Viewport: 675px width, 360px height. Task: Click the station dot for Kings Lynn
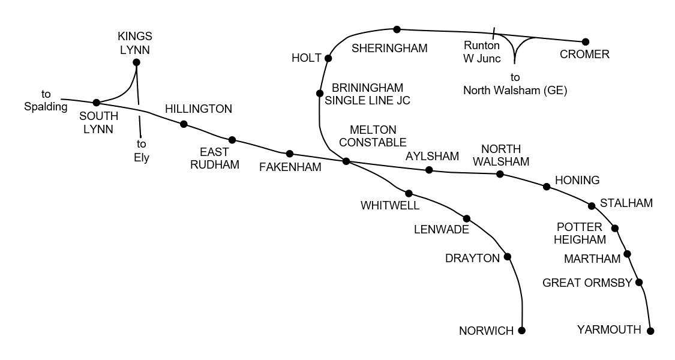click(x=136, y=62)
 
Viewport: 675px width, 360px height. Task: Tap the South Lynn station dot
click(x=96, y=103)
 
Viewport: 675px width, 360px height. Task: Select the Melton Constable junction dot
click(x=346, y=161)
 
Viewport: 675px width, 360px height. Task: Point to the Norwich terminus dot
click(x=521, y=331)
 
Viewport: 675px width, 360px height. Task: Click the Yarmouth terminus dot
click(x=650, y=331)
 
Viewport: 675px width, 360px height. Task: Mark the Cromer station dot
click(x=586, y=42)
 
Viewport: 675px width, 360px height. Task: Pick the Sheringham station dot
click(x=397, y=29)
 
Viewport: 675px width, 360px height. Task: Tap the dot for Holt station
click(x=328, y=58)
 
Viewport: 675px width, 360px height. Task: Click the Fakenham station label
click(x=290, y=167)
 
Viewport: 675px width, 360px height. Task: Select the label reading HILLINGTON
click(x=198, y=109)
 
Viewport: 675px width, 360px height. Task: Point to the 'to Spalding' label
click(x=46, y=101)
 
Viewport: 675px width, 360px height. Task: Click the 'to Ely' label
click(x=142, y=151)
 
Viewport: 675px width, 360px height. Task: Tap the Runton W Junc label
click(x=482, y=52)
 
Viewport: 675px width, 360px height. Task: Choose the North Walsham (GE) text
click(x=515, y=91)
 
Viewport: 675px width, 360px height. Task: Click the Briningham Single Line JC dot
click(x=320, y=93)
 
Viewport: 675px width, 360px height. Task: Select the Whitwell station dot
click(x=409, y=193)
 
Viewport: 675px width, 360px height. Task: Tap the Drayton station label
click(x=472, y=259)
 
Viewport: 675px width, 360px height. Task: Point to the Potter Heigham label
click(x=580, y=233)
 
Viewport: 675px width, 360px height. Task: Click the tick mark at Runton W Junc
click(x=494, y=32)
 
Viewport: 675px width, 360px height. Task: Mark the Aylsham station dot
click(x=429, y=170)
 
